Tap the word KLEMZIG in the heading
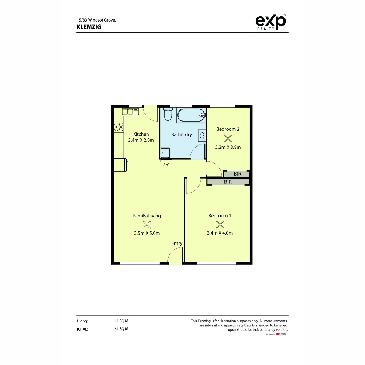[89, 27]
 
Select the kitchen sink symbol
[131, 112]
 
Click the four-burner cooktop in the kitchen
[119, 127]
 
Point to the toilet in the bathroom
[168, 114]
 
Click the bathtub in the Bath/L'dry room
[191, 115]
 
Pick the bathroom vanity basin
[202, 136]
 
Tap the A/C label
[166, 165]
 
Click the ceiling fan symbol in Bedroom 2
[228, 138]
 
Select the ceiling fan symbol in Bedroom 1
[220, 225]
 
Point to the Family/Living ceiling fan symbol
[147, 225]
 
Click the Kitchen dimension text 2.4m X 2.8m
[141, 140]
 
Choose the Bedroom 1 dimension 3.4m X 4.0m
[220, 233]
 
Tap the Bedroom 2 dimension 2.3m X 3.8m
[228, 147]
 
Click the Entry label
[177, 244]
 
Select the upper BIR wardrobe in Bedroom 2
[237, 174]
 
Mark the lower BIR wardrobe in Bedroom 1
[228, 182]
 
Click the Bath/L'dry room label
[182, 134]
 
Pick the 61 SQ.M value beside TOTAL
[121, 329]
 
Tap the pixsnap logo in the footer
[281, 334]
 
